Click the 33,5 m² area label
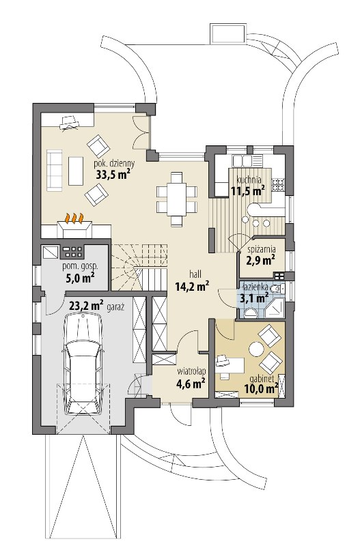pos(113,174)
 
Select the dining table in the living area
pos(177,199)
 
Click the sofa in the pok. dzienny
pos(54,171)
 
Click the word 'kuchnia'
pos(249,180)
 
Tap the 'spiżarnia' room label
pos(262,249)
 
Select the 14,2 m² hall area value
pos(193,286)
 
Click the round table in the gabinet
pos(256,349)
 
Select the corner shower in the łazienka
pos(275,307)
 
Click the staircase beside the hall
pos(139,267)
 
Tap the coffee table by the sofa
pos(76,171)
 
